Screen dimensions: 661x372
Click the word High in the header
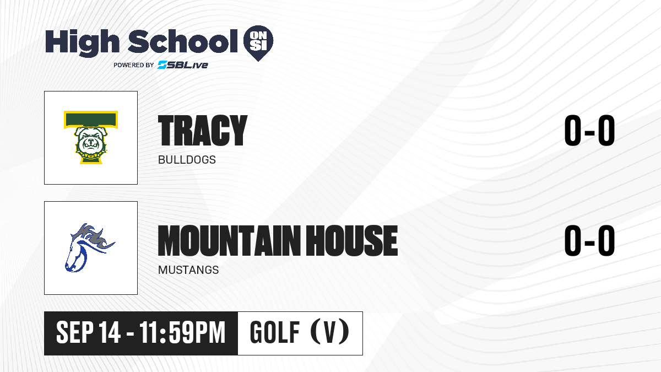[82, 42]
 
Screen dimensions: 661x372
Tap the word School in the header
[183, 41]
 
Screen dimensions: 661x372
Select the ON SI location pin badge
[258, 43]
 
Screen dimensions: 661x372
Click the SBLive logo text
[183, 65]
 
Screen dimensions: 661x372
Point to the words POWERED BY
[134, 65]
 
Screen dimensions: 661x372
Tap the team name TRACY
[203, 131]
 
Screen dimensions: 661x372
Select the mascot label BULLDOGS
[187, 160]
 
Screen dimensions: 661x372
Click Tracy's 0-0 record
[589, 130]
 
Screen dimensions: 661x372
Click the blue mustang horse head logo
[89, 247]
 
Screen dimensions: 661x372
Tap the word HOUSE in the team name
[352, 241]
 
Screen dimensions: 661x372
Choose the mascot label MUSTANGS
[188, 270]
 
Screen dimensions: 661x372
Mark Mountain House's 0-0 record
[589, 240]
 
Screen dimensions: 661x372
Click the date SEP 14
[88, 332]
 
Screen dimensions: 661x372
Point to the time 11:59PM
[182, 332]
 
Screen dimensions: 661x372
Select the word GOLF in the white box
[275, 332]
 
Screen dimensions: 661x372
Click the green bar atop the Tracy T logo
[91, 119]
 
